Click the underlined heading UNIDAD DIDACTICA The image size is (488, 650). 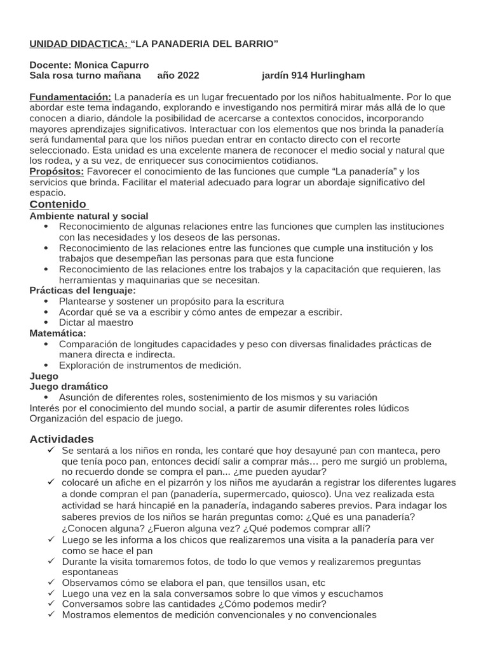(79, 44)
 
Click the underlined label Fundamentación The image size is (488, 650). (71, 97)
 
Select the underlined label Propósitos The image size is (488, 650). (57, 172)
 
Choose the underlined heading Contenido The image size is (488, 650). (58, 204)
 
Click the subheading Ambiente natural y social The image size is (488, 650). (89, 216)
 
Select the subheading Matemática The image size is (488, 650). (58, 333)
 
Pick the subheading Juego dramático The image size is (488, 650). (69, 386)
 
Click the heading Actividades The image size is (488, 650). (62, 439)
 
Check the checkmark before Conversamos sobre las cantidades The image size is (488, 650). (51, 604)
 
